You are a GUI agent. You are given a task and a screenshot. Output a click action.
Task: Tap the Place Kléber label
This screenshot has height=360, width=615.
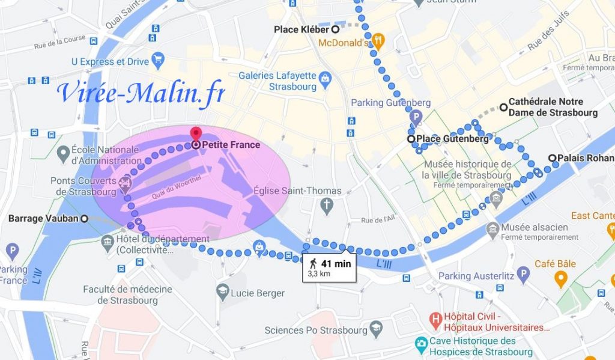(x=301, y=29)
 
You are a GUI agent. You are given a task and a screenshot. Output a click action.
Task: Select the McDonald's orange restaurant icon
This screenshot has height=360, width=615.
(x=378, y=41)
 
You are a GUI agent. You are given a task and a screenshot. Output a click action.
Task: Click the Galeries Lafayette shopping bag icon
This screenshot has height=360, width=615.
(x=324, y=78)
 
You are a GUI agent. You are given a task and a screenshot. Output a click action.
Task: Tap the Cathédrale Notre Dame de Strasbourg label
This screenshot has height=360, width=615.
(x=553, y=108)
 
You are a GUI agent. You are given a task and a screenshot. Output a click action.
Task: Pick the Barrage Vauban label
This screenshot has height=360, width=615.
(x=43, y=219)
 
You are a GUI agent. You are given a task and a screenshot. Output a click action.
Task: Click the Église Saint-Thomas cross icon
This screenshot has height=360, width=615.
(x=327, y=206)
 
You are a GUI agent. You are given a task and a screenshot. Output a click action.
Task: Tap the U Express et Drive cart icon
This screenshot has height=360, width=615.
(x=159, y=59)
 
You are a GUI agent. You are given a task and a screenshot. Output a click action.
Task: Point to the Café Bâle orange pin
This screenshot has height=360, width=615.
(x=561, y=278)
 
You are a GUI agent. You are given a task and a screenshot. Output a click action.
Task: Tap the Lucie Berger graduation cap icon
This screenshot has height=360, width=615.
(x=223, y=291)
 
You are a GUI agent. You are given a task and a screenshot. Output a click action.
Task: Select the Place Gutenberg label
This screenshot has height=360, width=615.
(x=452, y=139)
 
